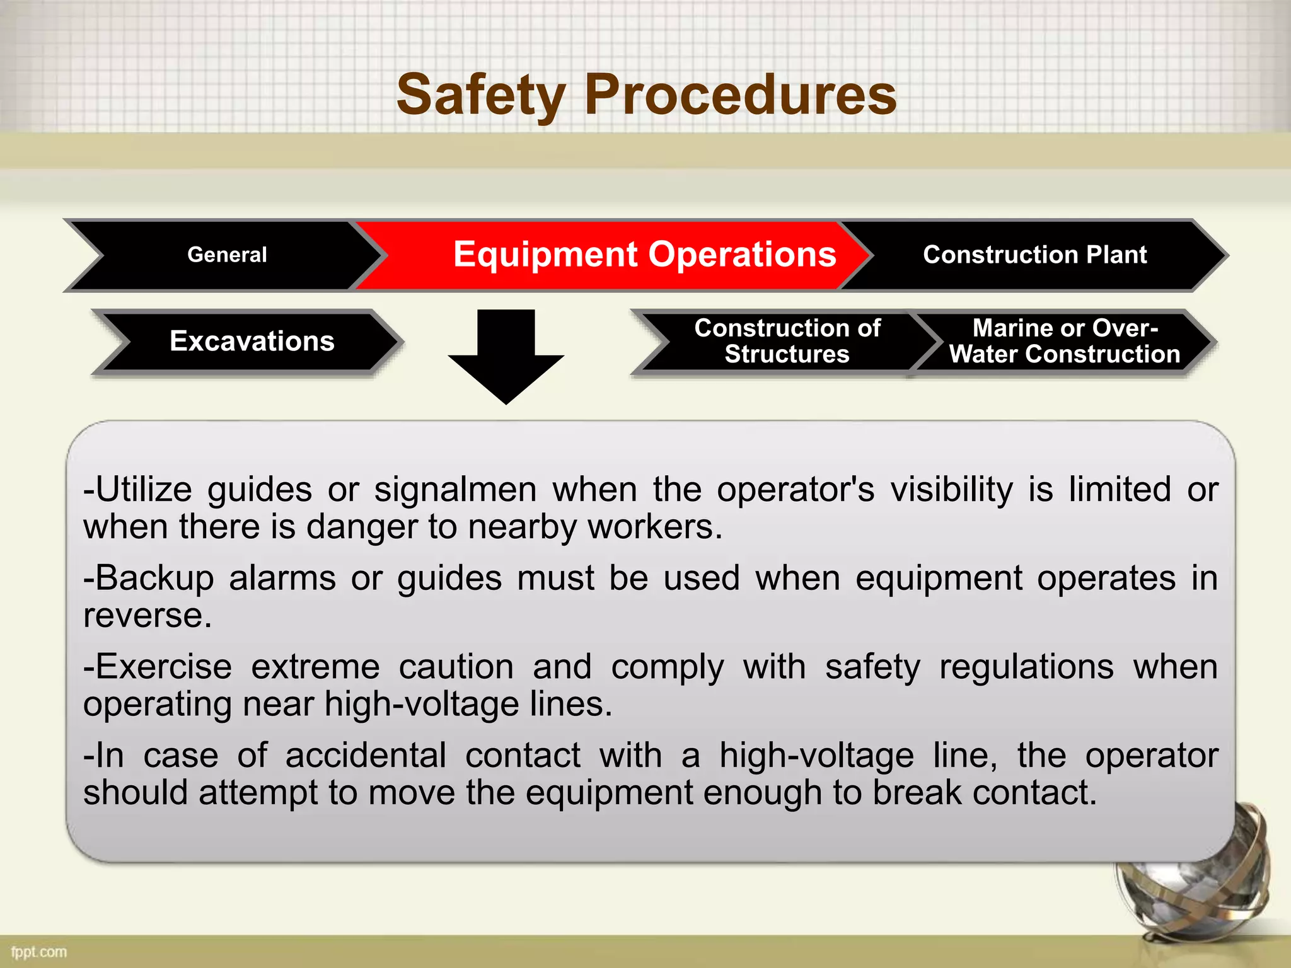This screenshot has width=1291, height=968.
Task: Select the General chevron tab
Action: [227, 255]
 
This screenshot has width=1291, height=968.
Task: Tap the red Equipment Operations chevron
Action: [644, 255]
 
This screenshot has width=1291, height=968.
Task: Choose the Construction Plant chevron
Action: [1034, 255]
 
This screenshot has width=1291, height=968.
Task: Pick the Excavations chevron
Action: [252, 341]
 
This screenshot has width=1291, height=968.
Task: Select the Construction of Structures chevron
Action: [787, 341]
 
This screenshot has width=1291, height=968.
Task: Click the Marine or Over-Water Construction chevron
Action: [1064, 341]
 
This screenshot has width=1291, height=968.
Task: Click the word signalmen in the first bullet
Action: [455, 490]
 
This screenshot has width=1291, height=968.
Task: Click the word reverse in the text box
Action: [146, 615]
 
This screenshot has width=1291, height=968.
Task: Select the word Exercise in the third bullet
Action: [163, 667]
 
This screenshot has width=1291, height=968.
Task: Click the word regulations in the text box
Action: [1026, 667]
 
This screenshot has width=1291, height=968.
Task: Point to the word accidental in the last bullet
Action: [366, 756]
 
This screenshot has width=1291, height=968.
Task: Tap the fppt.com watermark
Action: [38, 952]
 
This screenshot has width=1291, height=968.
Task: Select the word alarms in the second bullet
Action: [282, 578]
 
